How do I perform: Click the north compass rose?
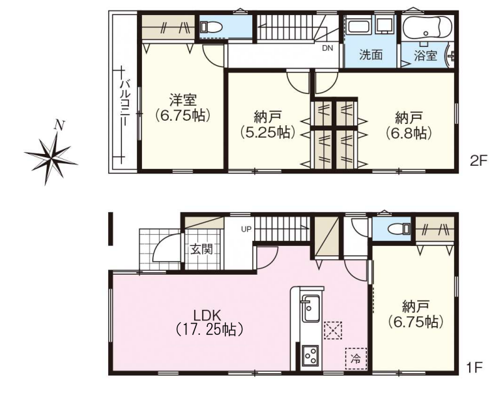coord(51,153)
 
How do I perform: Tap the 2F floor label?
coord(478,161)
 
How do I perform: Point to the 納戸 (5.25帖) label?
coord(268,125)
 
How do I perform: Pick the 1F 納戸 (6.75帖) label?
coord(416,314)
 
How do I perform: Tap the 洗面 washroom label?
coord(371,55)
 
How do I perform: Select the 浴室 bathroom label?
coord(425,55)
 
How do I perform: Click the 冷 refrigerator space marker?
coord(356,358)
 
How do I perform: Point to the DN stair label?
coord(327,48)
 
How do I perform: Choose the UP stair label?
coord(246,229)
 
